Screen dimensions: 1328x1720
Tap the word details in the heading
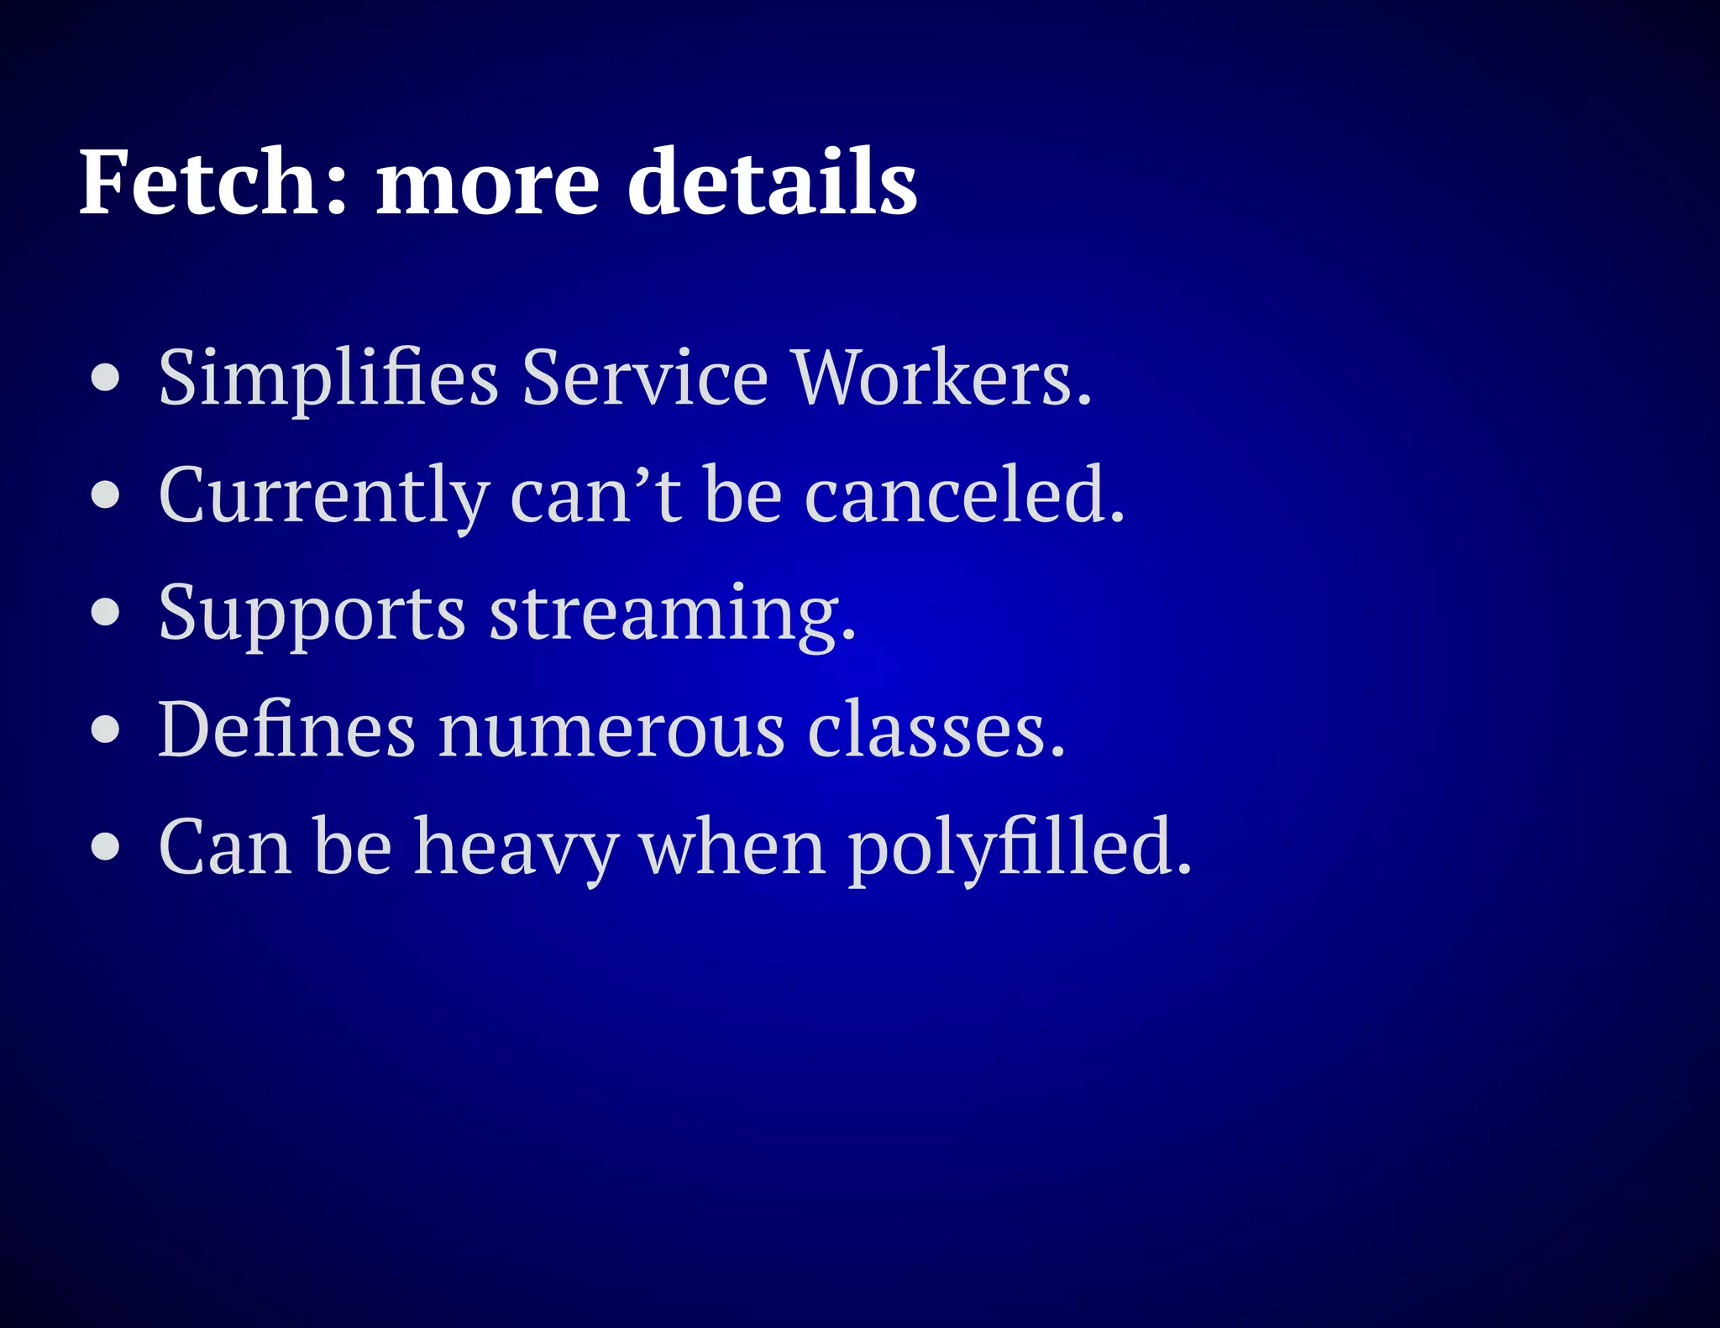772,182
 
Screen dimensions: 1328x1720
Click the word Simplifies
328,379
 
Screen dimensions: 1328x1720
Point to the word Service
644,377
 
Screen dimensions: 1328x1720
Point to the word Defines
286,729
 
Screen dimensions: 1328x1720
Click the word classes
936,729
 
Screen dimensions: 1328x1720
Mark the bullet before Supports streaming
106,613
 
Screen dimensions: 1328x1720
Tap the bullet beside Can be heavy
106,847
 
